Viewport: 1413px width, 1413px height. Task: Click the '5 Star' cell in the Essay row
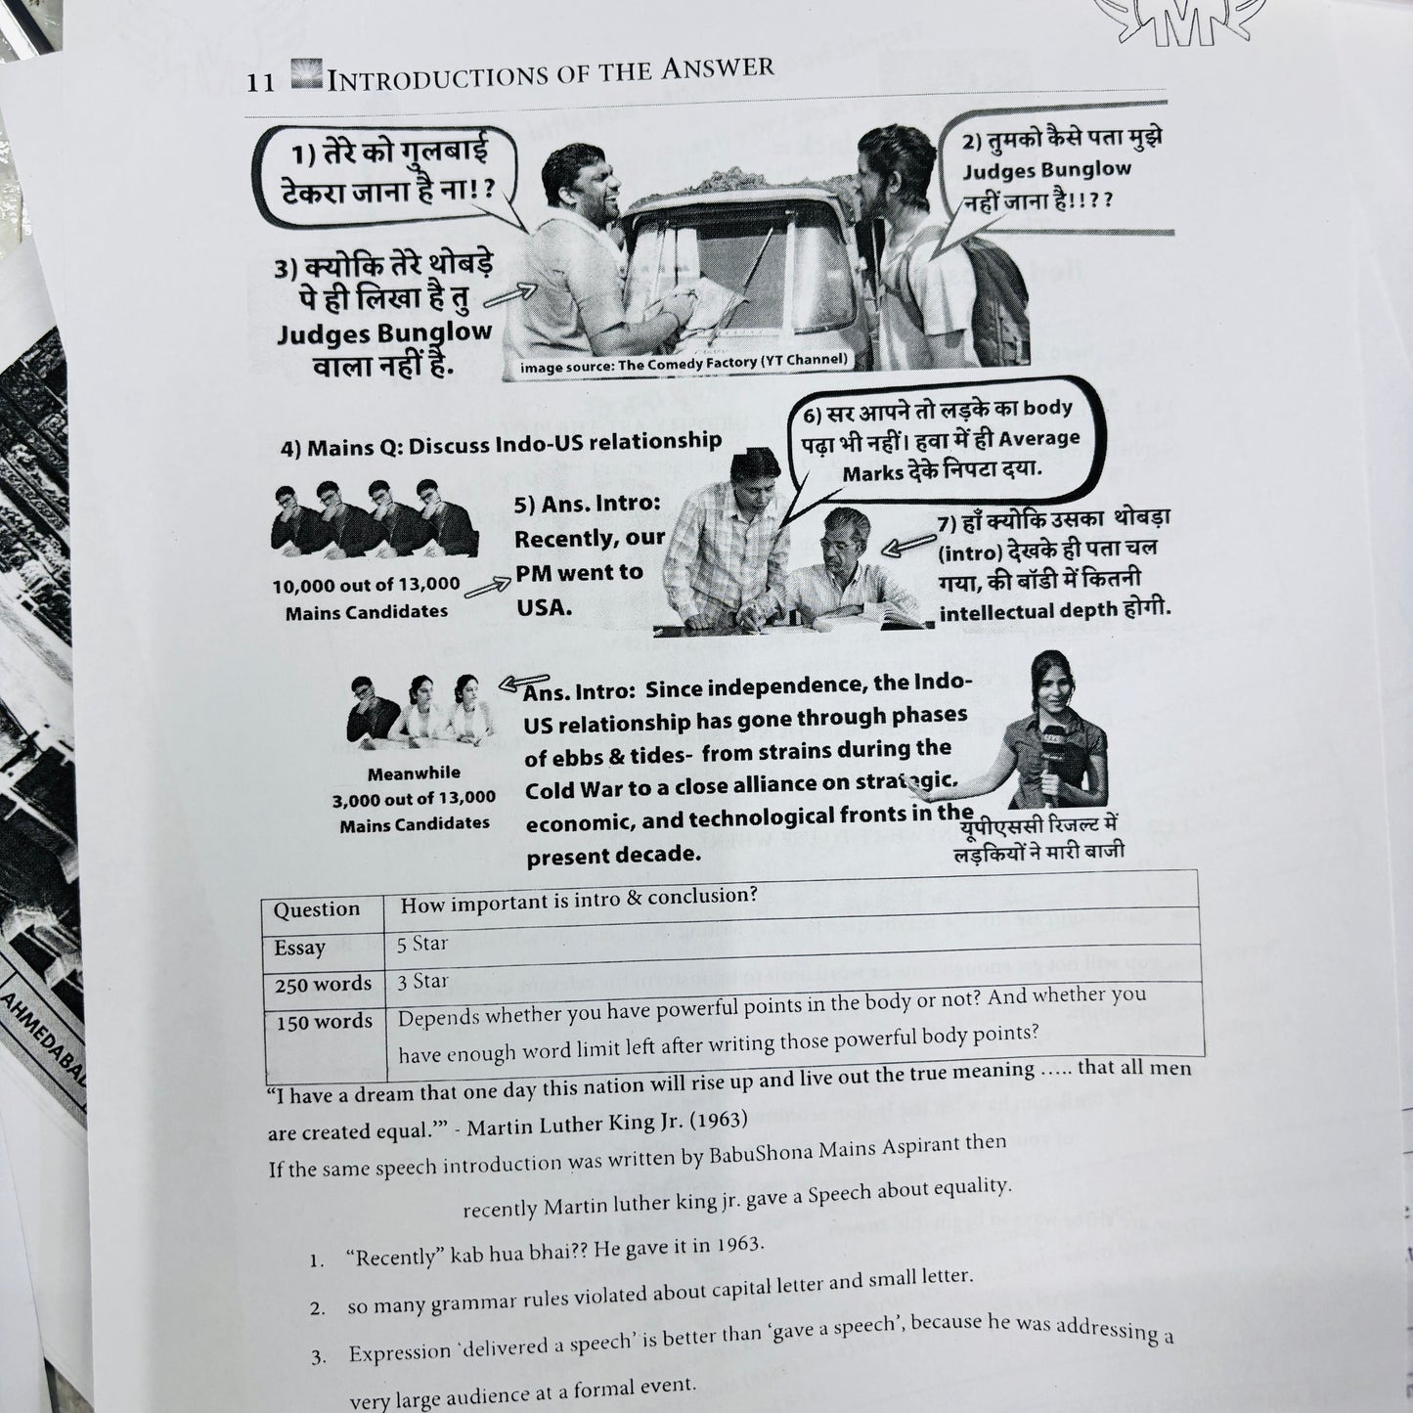point(422,944)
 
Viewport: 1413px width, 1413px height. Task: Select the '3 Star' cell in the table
point(422,981)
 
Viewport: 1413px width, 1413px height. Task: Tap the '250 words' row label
point(323,984)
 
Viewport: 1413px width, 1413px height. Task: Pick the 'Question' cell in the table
point(316,909)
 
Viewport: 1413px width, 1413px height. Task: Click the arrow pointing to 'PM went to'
point(487,587)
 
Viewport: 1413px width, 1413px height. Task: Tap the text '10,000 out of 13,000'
point(366,586)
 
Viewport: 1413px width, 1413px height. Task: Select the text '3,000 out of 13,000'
point(414,799)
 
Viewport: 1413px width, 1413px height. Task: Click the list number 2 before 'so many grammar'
point(317,1307)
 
